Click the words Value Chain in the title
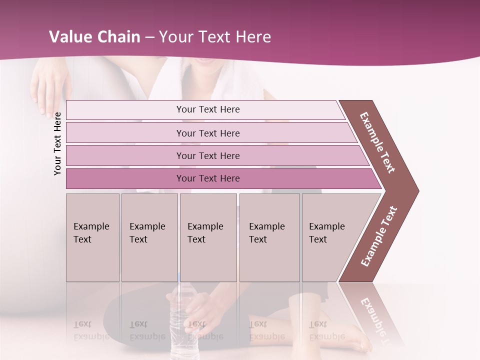pyautogui.click(x=94, y=37)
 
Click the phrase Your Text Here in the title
pyautogui.click(x=215, y=37)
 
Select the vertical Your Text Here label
pyautogui.click(x=57, y=143)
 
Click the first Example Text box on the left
pyautogui.click(x=92, y=237)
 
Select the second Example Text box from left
pyautogui.click(x=149, y=237)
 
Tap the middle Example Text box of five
pyautogui.click(x=208, y=237)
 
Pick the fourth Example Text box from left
pyautogui.click(x=269, y=237)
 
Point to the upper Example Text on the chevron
pyautogui.click(x=378, y=142)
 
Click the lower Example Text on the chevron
pyautogui.click(x=379, y=236)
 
